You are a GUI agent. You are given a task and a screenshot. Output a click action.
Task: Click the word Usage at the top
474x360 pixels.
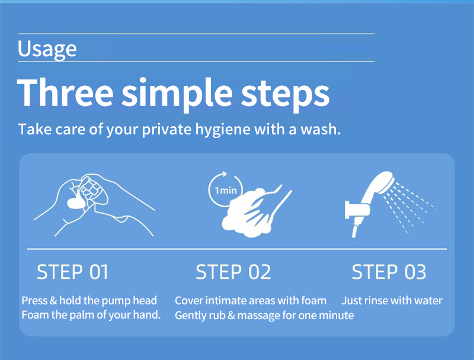tap(47, 49)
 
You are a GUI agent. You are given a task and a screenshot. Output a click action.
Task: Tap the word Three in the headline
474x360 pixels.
tap(65, 92)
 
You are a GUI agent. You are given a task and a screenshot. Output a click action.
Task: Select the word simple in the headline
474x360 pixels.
tap(177, 94)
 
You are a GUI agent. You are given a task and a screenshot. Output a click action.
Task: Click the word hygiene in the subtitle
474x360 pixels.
tap(223, 130)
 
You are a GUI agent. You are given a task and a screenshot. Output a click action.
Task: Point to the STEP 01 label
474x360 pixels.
tap(72, 272)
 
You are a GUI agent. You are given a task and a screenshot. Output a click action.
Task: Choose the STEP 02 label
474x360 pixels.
tap(233, 272)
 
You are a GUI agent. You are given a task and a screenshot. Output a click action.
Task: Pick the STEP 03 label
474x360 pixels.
tap(389, 272)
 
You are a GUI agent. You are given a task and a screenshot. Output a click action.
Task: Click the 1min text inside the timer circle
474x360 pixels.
tap(226, 191)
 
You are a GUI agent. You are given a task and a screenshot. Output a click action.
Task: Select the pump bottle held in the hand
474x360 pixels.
tap(92, 191)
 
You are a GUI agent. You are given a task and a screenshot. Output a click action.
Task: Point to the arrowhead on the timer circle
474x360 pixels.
tap(223, 174)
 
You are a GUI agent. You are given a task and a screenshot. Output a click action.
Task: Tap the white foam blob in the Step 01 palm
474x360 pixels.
tap(76, 203)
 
